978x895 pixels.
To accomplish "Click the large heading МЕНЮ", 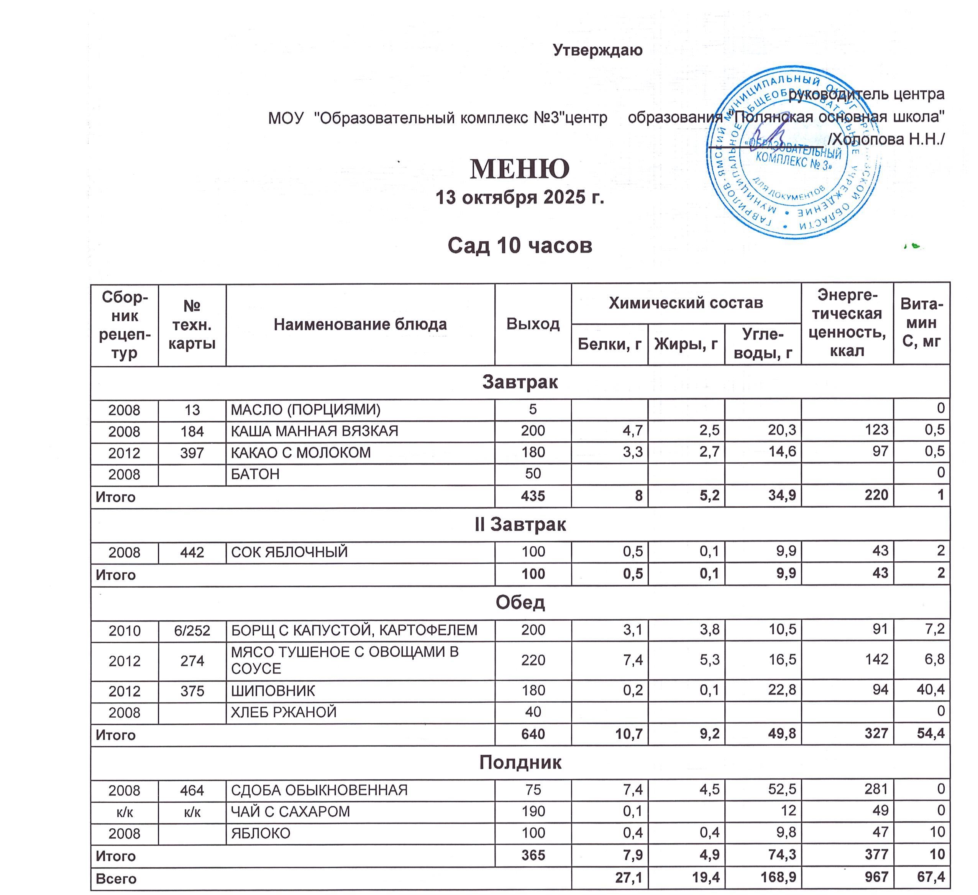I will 520,169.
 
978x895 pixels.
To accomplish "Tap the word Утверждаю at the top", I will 598,50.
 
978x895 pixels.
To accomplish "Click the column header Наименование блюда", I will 360,325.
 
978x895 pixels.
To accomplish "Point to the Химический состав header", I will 686,303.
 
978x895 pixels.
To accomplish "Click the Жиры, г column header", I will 686,344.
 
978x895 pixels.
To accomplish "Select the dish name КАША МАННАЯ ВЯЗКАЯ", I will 314,431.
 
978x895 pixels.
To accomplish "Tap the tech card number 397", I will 192,452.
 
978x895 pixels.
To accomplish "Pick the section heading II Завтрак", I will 520,525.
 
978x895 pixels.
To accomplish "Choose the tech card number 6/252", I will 192,631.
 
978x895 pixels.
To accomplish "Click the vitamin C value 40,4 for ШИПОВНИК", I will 930,689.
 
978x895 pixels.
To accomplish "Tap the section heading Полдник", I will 520,762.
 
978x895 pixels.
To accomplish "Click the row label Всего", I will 116,879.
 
